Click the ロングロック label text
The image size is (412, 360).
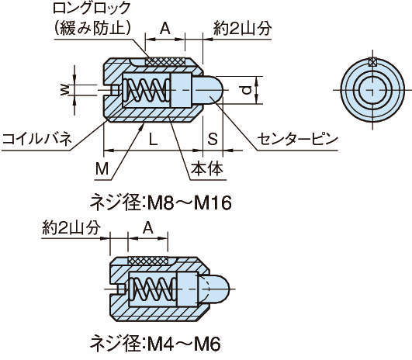point(92,8)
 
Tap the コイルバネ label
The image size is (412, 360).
point(37,139)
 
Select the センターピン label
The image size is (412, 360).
point(297,139)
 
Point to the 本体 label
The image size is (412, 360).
point(207,168)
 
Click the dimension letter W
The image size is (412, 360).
point(64,90)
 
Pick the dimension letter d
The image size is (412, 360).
point(246,91)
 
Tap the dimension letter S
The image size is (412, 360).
point(213,139)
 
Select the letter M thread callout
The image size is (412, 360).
point(102,168)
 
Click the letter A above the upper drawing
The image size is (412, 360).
point(165,29)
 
